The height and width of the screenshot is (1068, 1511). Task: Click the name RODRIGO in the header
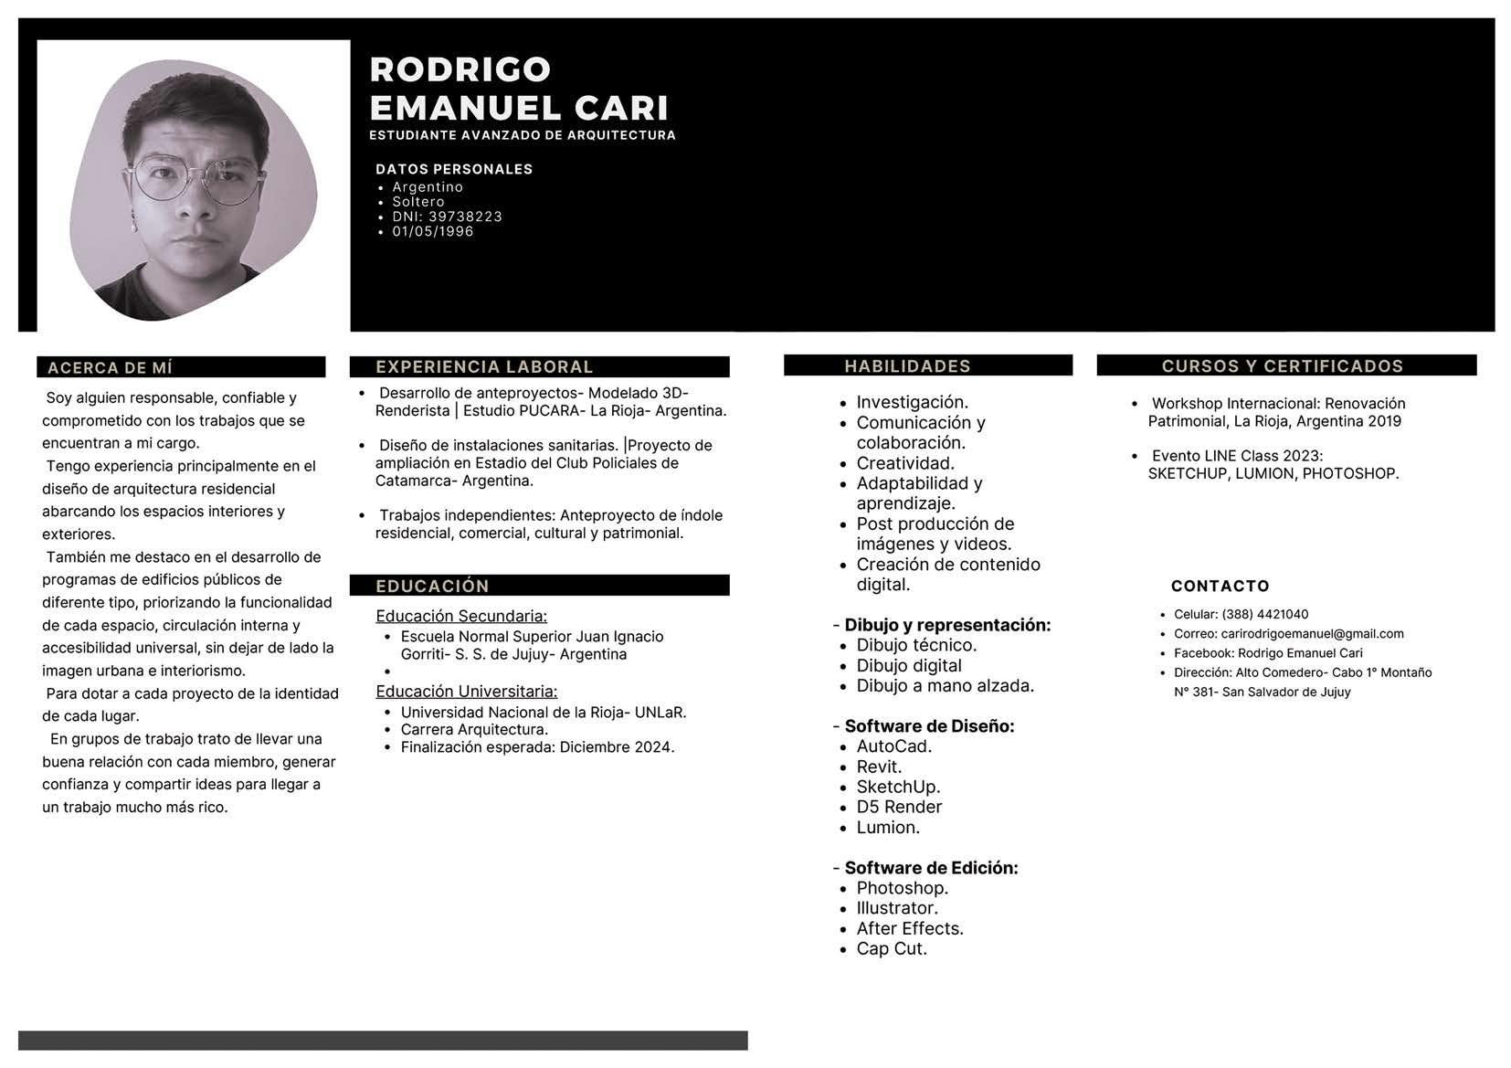460,69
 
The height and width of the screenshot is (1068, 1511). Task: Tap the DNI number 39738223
465,217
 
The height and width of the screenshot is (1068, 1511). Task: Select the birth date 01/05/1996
433,231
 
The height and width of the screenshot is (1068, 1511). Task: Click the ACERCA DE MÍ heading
110,367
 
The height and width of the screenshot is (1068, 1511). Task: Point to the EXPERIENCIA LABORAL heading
484,366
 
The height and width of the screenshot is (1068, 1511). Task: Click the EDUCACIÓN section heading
432,586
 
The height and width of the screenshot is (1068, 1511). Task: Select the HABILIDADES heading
907,365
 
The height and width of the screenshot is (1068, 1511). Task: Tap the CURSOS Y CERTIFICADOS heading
1282,365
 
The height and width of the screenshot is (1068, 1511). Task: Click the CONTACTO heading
1220,586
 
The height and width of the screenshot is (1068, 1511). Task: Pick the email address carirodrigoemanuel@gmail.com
1312,633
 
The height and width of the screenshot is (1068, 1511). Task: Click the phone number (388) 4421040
1264,614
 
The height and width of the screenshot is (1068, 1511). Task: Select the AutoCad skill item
893,746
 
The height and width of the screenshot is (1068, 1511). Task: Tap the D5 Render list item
899,807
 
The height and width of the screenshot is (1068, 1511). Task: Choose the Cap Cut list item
892,948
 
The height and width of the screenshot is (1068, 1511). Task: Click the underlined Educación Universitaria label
466,692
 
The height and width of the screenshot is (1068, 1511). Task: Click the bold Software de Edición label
931,868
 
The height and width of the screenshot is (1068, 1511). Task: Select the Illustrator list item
897,908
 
